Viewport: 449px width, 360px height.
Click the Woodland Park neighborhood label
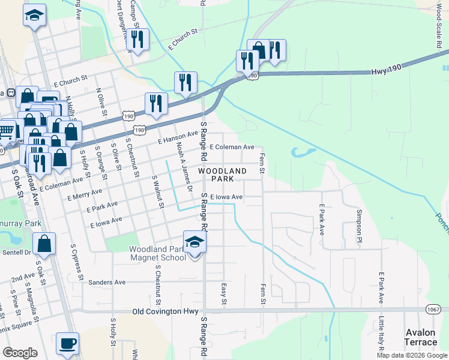pyautogui.click(x=222, y=175)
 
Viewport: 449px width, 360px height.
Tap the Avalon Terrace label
pyautogui.click(x=420, y=337)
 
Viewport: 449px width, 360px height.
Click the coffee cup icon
pyautogui.click(x=68, y=344)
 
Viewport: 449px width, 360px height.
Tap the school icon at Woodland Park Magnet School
pyautogui.click(x=194, y=243)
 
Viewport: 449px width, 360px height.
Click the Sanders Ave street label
pyautogui.click(x=106, y=282)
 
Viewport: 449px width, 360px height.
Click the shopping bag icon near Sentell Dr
pyautogui.click(x=44, y=244)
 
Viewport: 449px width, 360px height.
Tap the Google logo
pyautogui.click(x=20, y=353)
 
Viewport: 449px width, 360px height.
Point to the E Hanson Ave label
pyautogui.click(x=178, y=137)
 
